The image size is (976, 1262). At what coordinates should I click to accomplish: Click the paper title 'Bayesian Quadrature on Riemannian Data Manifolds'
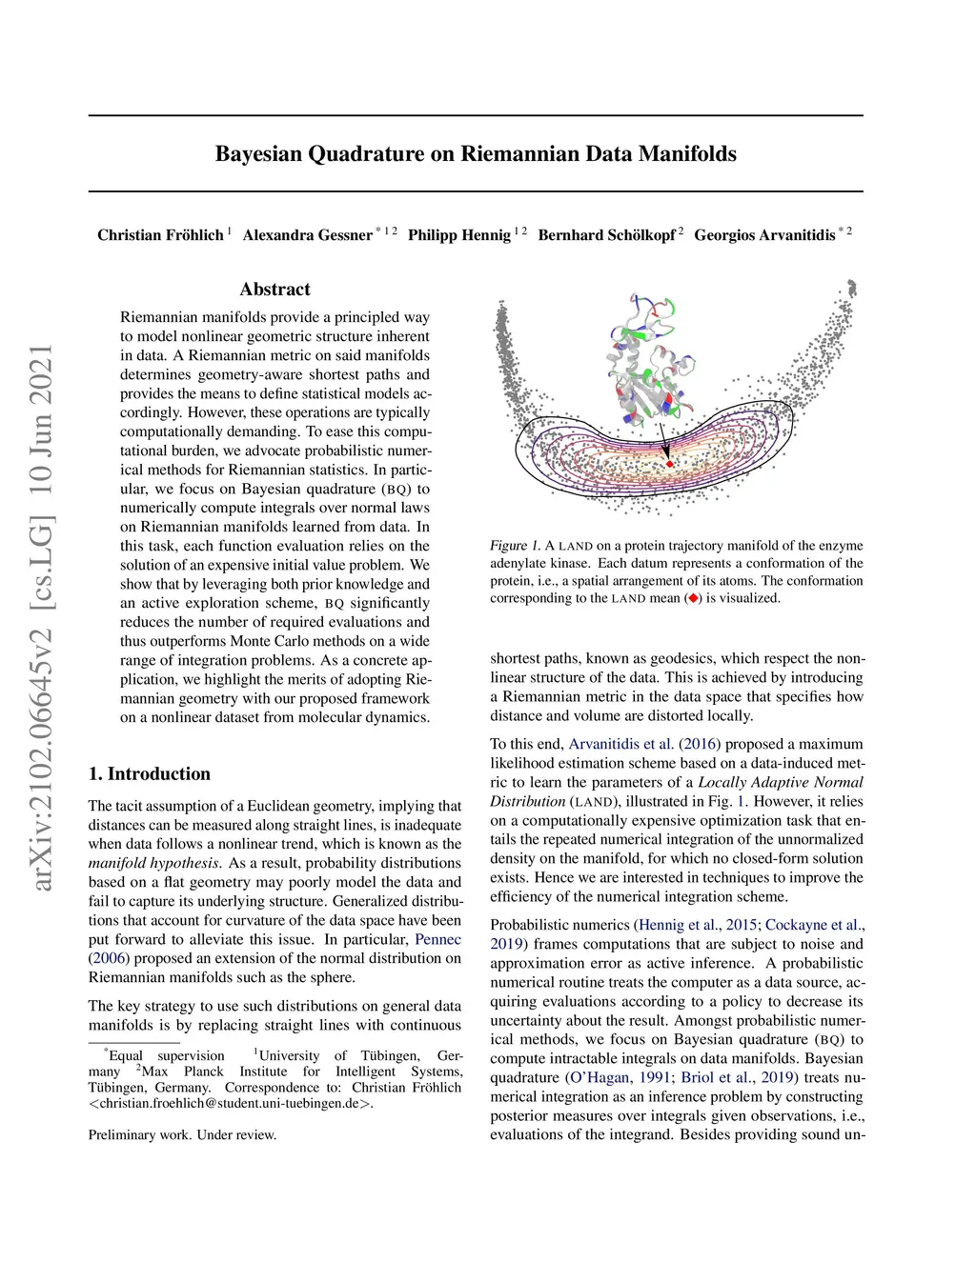pyautogui.click(x=476, y=154)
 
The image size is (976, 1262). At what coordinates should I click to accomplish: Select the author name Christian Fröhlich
pyautogui.click(x=160, y=235)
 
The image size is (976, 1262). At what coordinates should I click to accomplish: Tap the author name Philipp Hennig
pyautogui.click(x=458, y=235)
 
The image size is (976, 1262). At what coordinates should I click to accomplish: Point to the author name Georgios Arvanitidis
pyautogui.click(x=763, y=235)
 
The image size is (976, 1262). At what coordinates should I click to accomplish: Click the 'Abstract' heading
pyautogui.click(x=274, y=290)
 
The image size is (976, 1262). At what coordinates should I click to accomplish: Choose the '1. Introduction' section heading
pyautogui.click(x=149, y=774)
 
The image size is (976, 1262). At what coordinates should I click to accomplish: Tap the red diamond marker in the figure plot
pyautogui.click(x=670, y=464)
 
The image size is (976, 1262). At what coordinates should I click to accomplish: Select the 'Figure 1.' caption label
pyautogui.click(x=515, y=546)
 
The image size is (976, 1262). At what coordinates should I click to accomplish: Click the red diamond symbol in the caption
pyautogui.click(x=693, y=599)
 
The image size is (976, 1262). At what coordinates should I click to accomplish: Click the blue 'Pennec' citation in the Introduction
pyautogui.click(x=437, y=940)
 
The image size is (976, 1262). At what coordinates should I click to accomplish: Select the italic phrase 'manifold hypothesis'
pyautogui.click(x=153, y=864)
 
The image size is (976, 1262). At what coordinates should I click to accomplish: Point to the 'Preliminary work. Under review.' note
pyautogui.click(x=182, y=1135)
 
